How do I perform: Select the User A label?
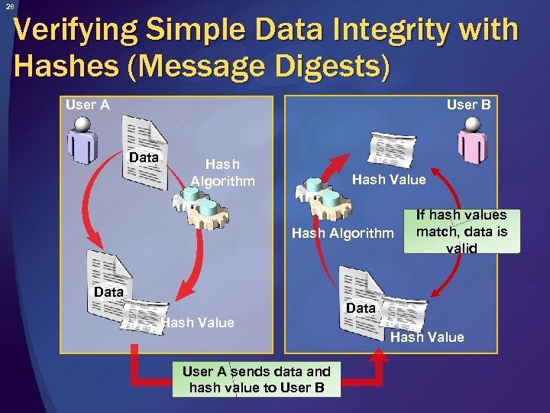87,105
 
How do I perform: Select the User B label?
468,105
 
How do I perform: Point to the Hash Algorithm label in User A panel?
222,172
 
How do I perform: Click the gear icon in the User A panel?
200,204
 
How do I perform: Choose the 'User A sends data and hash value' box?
257,379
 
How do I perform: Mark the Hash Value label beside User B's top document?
388,180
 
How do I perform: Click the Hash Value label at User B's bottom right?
427,337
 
